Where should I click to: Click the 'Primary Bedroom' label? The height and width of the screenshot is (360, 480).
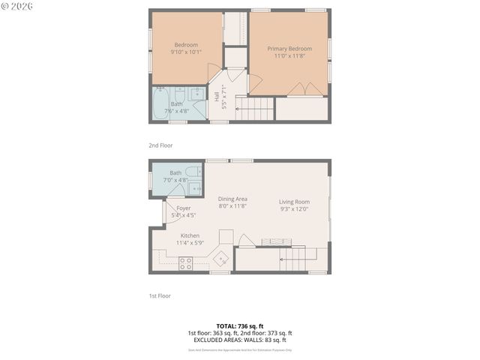tap(289, 49)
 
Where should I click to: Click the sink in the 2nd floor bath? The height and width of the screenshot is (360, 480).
tap(196, 94)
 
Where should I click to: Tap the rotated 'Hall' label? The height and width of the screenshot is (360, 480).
tap(217, 96)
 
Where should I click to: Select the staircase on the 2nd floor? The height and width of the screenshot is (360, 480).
tap(255, 109)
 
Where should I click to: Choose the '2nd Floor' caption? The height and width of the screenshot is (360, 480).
tap(161, 145)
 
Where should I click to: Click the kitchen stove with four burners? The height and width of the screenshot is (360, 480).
tap(185, 262)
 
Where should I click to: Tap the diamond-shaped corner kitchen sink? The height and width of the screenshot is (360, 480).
tap(222, 259)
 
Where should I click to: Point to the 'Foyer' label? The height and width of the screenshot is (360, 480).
tap(184, 208)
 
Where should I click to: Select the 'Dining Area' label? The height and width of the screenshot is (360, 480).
tap(232, 199)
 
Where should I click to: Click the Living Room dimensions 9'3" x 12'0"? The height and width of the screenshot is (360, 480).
tap(294, 209)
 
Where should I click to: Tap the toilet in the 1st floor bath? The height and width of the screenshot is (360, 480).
tap(193, 173)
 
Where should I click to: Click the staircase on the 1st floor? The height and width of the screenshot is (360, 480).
tap(296, 259)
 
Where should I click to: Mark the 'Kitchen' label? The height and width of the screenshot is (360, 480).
tap(189, 235)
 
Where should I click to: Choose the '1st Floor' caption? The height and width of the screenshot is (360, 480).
tap(160, 295)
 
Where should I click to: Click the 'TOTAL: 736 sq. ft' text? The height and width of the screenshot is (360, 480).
tap(239, 326)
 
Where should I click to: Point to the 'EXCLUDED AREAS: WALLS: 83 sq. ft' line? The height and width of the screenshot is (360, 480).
tap(239, 340)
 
